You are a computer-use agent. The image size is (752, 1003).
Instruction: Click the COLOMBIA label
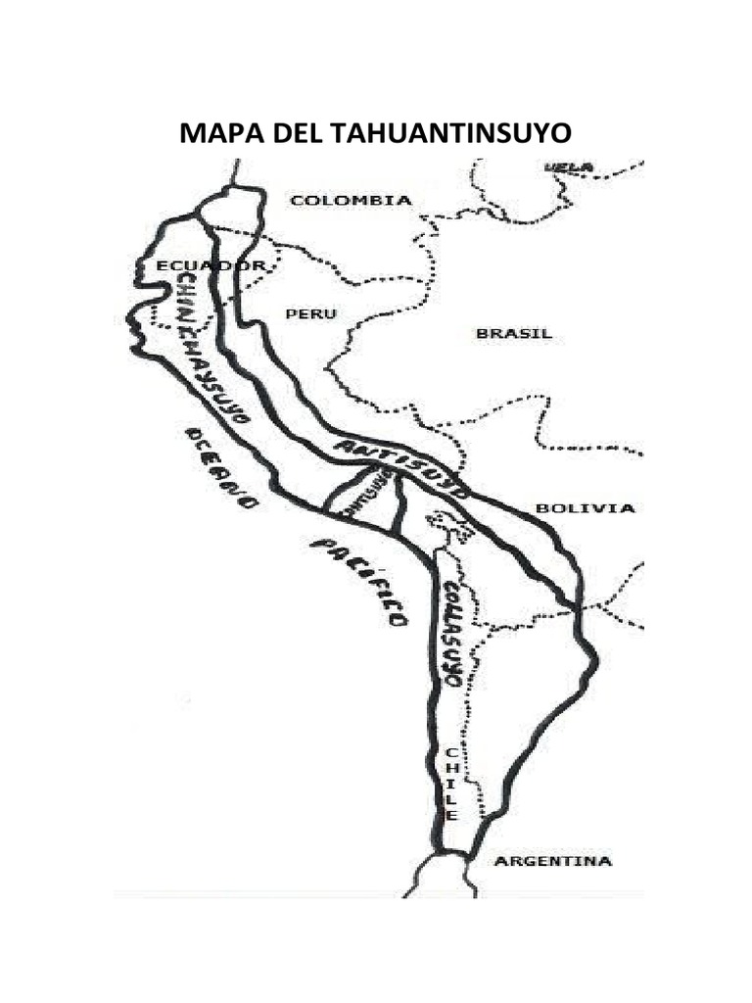(x=352, y=201)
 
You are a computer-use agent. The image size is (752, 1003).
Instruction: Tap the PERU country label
(x=310, y=314)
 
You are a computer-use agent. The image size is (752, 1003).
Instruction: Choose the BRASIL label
(x=514, y=334)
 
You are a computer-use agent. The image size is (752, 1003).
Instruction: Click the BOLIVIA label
(x=586, y=508)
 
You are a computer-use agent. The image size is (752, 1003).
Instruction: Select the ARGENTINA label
(x=553, y=862)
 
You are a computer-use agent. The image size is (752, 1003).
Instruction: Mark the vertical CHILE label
(x=450, y=784)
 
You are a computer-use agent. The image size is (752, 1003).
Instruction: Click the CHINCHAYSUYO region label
(x=211, y=348)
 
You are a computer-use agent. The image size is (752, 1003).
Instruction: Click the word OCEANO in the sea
(x=222, y=468)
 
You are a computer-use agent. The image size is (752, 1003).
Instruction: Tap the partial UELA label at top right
(x=569, y=167)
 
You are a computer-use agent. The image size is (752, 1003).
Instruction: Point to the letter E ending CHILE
(x=451, y=815)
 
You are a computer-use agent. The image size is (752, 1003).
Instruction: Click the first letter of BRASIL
(x=482, y=334)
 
